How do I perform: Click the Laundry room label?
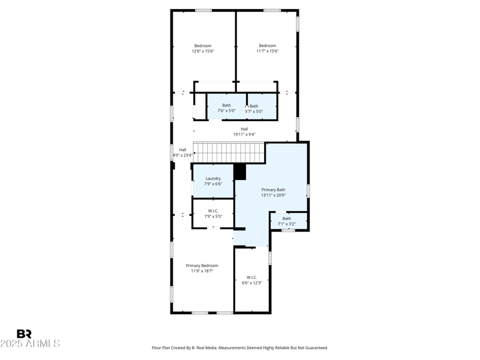pyautogui.click(x=213, y=178)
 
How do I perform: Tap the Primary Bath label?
pyautogui.click(x=273, y=190)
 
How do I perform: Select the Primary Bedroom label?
pyautogui.click(x=202, y=265)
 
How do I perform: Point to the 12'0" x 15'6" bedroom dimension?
pyautogui.click(x=203, y=52)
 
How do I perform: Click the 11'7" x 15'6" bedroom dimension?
pyautogui.click(x=267, y=52)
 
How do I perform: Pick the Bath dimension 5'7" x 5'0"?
pyautogui.click(x=254, y=112)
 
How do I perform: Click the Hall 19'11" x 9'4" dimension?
pyautogui.click(x=244, y=134)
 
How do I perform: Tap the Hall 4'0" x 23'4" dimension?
pyautogui.click(x=182, y=155)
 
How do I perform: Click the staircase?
pyautogui.click(x=229, y=152)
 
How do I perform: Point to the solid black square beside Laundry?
pyautogui.click(x=240, y=172)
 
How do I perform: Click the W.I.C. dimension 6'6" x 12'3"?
pyautogui.click(x=251, y=283)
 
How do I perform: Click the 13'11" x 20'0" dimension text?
pyautogui.click(x=273, y=195)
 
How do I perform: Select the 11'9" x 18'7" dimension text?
pyautogui.click(x=202, y=271)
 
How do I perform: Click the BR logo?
pyautogui.click(x=24, y=334)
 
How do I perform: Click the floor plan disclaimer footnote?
pyautogui.click(x=240, y=348)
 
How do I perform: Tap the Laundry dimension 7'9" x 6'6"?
pyautogui.click(x=213, y=184)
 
